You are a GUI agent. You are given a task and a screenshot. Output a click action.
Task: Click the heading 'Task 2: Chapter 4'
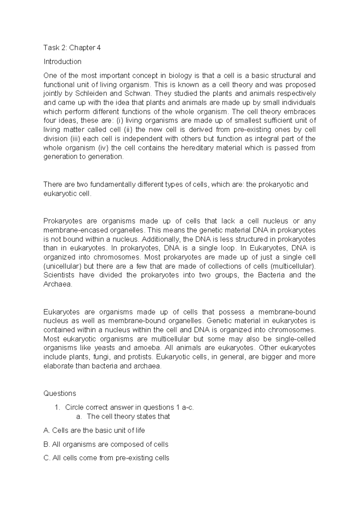[72, 48]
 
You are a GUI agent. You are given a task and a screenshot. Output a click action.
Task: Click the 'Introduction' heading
[62, 62]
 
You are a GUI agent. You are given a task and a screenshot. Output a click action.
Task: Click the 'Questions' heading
[60, 393]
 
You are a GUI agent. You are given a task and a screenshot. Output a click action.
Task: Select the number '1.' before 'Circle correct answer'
[58, 408]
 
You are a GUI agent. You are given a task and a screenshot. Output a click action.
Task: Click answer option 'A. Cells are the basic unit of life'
[94, 431]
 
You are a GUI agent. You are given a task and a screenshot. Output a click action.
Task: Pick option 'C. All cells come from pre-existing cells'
[106, 458]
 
